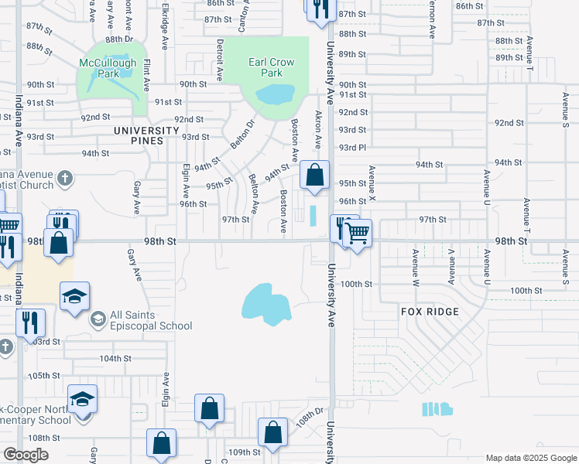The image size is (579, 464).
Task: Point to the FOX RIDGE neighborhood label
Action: pos(430,312)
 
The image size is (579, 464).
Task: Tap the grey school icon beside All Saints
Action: pos(98,319)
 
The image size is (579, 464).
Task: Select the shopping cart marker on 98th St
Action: pos(357,231)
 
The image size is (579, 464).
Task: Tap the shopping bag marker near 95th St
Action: pos(314,175)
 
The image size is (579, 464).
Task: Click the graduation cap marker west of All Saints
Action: pos(75,297)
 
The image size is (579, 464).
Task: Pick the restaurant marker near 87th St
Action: pos(320,9)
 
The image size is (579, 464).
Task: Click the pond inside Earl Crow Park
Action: pos(276,95)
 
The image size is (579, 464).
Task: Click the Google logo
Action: pos(26,454)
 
